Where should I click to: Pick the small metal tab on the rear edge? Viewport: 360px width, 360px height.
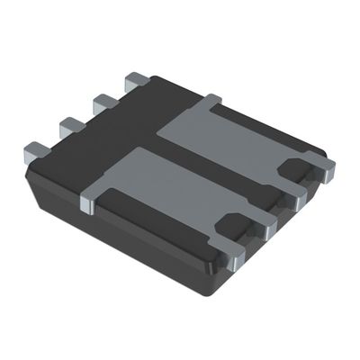point(211,98)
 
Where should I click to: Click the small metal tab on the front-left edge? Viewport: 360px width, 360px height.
point(88,203)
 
